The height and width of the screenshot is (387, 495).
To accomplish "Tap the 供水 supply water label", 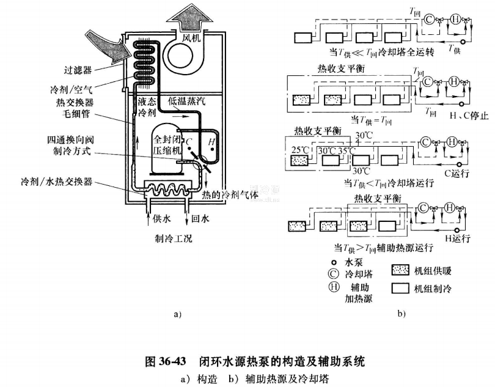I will click(x=160, y=218).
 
